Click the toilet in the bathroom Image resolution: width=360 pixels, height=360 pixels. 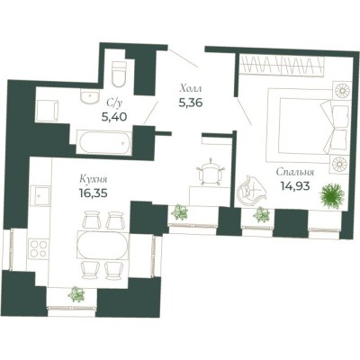click(x=119, y=74)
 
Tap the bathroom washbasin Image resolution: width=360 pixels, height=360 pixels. click(x=89, y=96)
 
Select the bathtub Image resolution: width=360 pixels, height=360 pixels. click(x=103, y=143)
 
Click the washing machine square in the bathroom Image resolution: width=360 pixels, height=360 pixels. click(x=47, y=111)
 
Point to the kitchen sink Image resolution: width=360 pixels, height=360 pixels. click(x=41, y=196)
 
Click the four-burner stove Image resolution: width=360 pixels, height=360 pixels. click(x=39, y=248)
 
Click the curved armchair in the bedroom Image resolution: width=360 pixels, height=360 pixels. click(x=251, y=191)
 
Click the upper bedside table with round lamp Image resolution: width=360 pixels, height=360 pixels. click(x=342, y=90)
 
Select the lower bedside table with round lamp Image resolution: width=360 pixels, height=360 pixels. click(x=341, y=164)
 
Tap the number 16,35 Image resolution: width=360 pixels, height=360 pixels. click(x=94, y=193)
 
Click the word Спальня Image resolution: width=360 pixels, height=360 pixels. click(x=295, y=173)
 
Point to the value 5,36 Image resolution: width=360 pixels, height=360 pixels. click(x=191, y=103)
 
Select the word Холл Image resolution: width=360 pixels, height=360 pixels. click(x=191, y=89)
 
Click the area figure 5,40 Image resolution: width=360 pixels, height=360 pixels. click(x=114, y=116)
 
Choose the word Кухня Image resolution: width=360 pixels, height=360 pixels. click(x=94, y=180)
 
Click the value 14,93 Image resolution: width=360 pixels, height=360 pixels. click(x=294, y=186)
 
